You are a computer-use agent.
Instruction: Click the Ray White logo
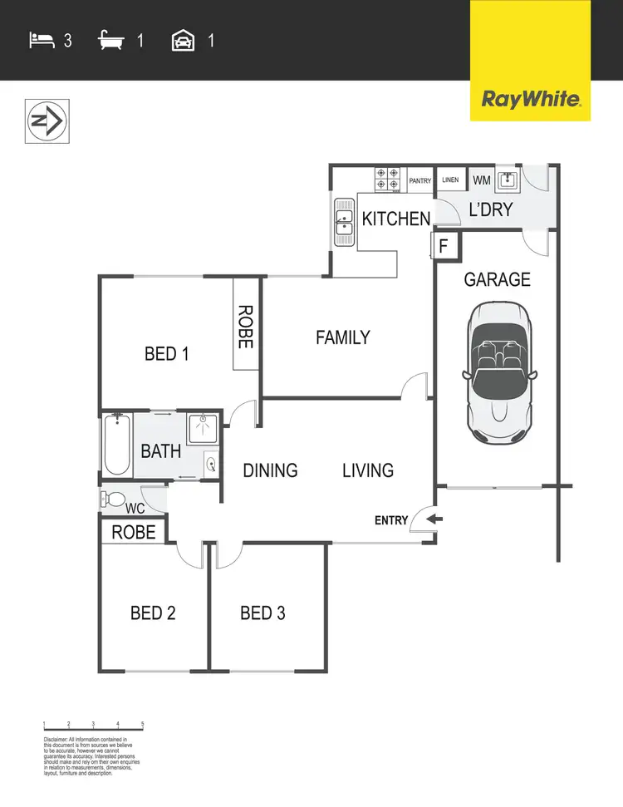[x=530, y=101]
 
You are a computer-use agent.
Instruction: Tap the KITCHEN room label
[x=396, y=219]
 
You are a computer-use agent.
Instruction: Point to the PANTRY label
[x=419, y=180]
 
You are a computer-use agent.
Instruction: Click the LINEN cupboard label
[x=450, y=180]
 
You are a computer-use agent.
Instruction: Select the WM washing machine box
[x=481, y=180]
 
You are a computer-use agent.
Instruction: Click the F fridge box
[x=444, y=246]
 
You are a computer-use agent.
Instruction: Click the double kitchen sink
[x=344, y=223]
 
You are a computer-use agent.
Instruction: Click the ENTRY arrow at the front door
[x=434, y=520]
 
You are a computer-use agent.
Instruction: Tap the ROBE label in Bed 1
[x=245, y=326]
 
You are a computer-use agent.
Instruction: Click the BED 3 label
[x=262, y=613]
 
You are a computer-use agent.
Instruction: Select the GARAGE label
[x=497, y=279]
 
